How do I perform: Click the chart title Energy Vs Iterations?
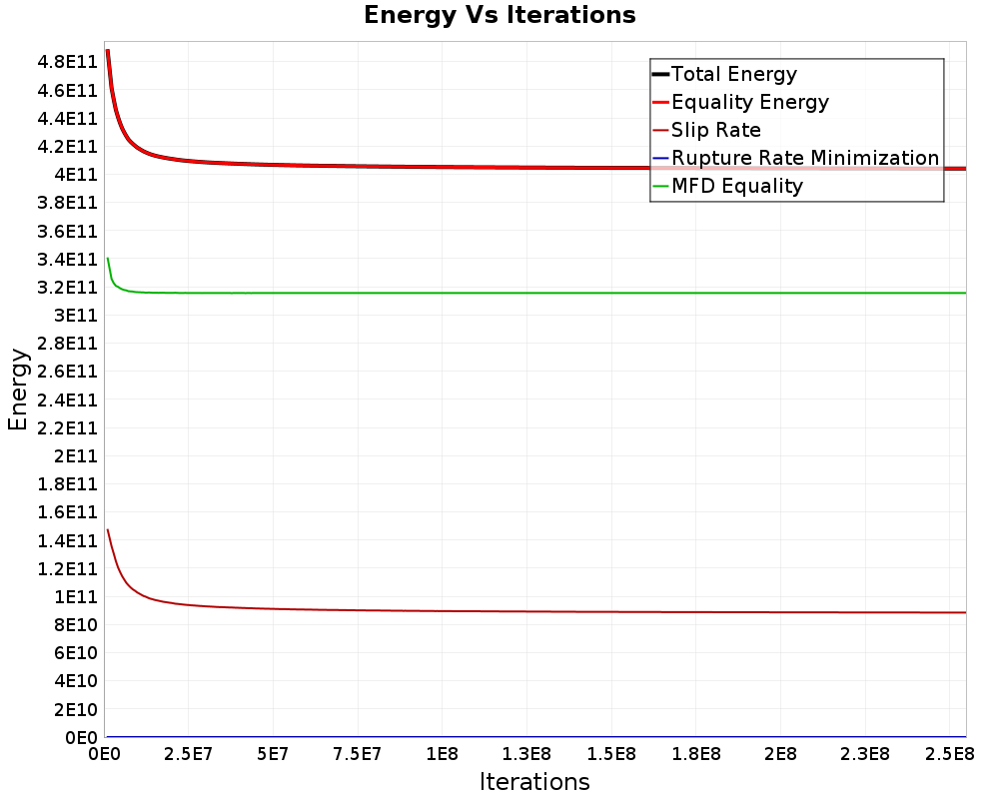[499, 15]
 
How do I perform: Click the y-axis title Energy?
[17, 389]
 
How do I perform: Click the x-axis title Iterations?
[534, 781]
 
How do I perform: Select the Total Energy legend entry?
[734, 74]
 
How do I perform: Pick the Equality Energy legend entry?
[750, 102]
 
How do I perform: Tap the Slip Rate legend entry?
[716, 130]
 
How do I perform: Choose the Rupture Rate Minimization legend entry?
[805, 158]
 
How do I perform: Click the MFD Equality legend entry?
[737, 186]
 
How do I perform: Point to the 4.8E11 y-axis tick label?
[66, 62]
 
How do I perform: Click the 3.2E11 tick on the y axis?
[66, 287]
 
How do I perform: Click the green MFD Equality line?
[499, 293]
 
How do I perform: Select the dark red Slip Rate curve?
[499, 611]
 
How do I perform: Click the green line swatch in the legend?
[660, 186]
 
